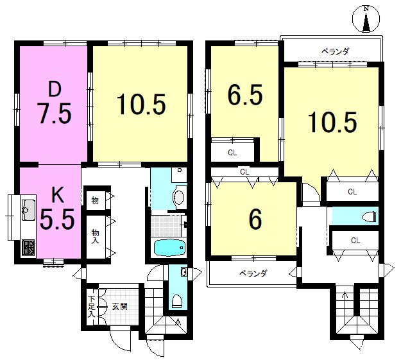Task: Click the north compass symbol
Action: tap(366, 19)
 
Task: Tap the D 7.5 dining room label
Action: tap(55, 104)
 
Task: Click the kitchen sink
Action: tap(28, 210)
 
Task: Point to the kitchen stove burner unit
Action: tap(28, 247)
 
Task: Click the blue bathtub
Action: tap(169, 248)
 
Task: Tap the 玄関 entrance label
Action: tap(119, 306)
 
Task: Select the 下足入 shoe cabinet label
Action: tap(91, 307)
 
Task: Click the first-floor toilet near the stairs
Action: tap(176, 301)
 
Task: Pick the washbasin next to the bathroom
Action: tap(178, 197)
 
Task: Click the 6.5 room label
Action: tap(245, 95)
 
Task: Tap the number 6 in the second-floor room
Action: tap(255, 219)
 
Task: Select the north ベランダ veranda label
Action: tap(335, 52)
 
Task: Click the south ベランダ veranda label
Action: tap(253, 274)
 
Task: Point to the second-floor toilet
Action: tap(370, 216)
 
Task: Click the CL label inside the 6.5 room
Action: tap(232, 153)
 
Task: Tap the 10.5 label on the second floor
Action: tap(332, 123)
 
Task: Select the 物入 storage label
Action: tap(95, 237)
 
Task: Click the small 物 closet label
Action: tap(95, 200)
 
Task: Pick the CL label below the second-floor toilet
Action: tap(355, 241)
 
